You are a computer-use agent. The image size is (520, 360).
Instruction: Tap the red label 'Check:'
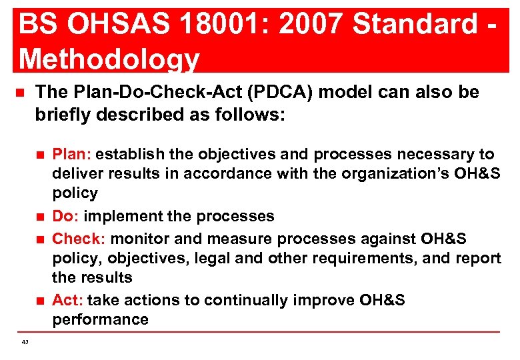point(79,238)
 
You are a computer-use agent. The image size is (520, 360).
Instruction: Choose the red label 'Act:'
point(67,300)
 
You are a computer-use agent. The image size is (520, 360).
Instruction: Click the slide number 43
point(25,341)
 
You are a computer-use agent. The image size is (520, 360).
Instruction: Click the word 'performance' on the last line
point(100,319)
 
